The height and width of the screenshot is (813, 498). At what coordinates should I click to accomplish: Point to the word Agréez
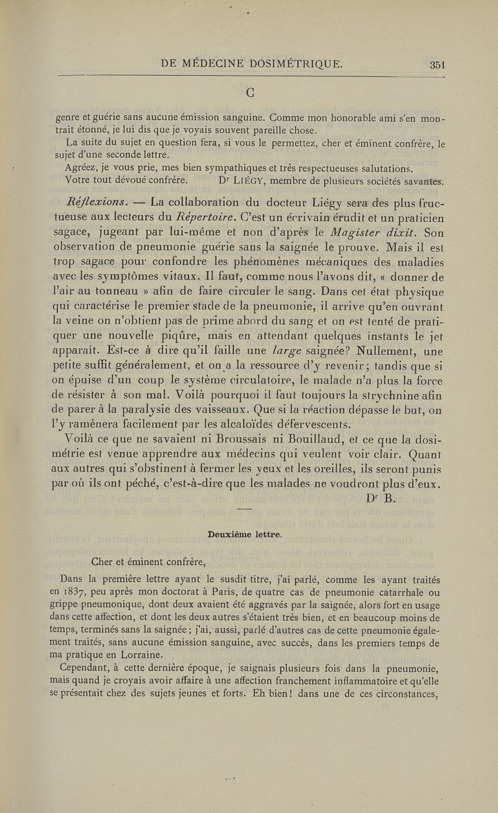point(82,168)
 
